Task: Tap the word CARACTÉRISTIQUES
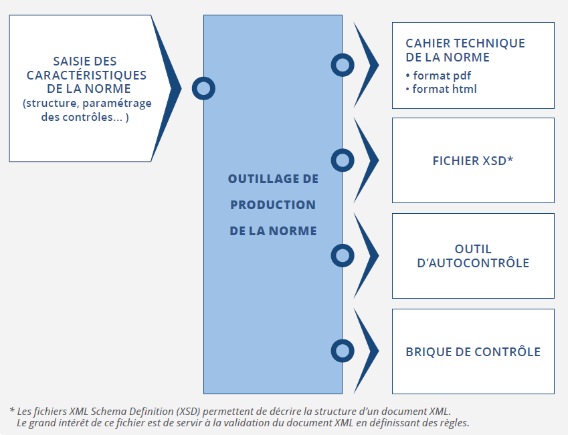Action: (86, 76)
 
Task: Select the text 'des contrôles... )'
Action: (85, 117)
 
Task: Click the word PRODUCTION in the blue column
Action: (273, 205)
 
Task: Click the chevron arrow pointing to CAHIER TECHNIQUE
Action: (373, 65)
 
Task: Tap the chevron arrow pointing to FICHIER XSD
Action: (373, 160)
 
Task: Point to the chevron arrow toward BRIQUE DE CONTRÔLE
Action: (373, 351)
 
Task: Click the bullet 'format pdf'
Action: (438, 76)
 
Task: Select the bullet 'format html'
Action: (441, 89)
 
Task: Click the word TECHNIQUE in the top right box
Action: (490, 43)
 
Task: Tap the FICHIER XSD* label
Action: (473, 160)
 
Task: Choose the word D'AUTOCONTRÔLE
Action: (473, 263)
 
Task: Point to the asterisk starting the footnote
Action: (12, 410)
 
